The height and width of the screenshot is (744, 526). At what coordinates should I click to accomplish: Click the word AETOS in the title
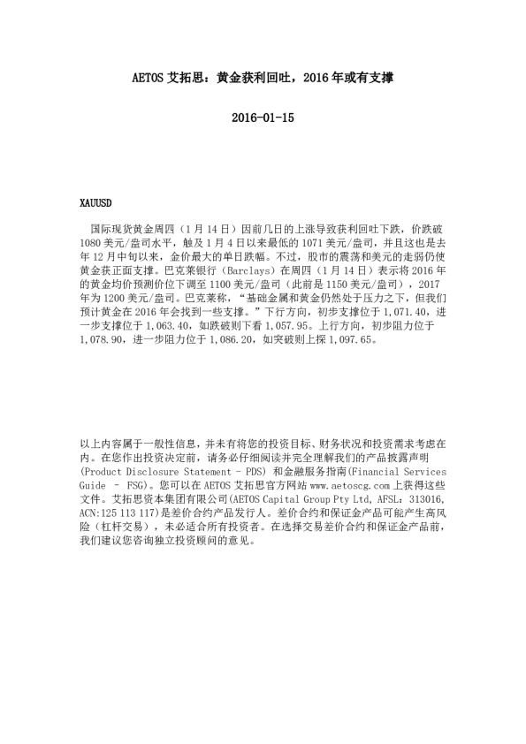pyautogui.click(x=133, y=77)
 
